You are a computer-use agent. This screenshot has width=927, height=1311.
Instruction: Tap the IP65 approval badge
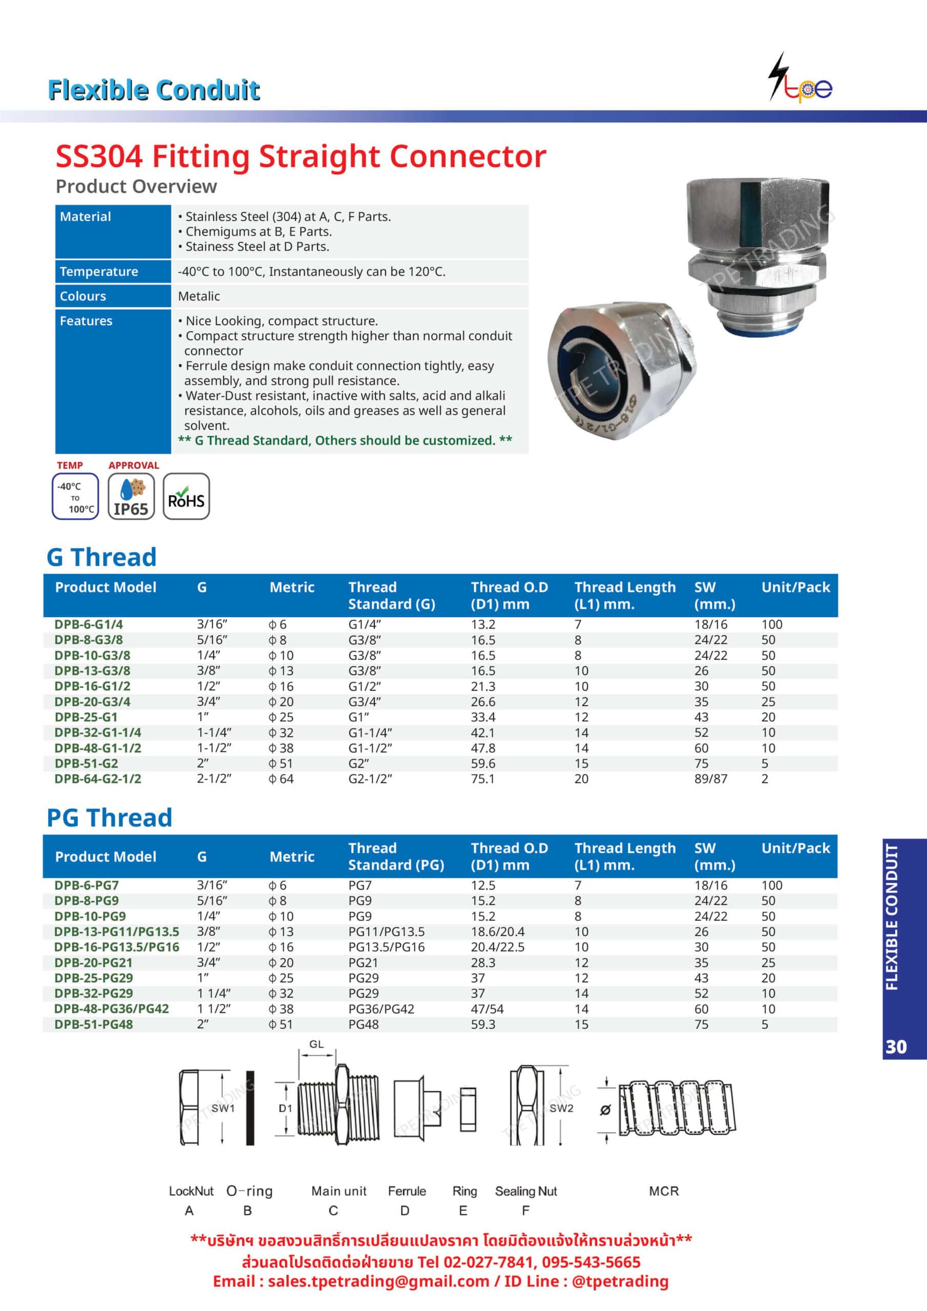131,496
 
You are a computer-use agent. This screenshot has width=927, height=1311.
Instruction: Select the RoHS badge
186,496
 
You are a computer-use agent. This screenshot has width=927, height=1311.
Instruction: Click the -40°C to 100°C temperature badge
75,496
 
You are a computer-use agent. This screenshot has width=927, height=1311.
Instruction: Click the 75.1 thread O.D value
482,779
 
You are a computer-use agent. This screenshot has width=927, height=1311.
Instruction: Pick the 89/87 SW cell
710,779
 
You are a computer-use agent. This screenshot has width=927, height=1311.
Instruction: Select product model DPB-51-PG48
94,1024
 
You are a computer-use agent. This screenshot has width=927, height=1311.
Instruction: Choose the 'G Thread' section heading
102,557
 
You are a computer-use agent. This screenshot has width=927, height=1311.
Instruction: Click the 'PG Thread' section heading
109,818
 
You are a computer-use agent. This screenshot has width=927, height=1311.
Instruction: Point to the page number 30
896,1047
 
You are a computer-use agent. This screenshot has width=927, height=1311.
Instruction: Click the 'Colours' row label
83,296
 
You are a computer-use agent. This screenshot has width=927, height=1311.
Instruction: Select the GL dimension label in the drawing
317,1044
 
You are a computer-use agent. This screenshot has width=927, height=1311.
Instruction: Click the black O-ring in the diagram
249,1108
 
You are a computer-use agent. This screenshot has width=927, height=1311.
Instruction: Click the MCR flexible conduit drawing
677,1108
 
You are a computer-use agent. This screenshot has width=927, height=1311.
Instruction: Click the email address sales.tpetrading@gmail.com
378,1281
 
